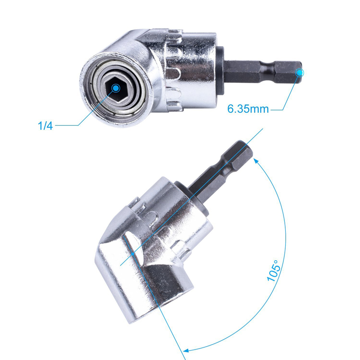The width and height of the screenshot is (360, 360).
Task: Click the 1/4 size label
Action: pos(45,126)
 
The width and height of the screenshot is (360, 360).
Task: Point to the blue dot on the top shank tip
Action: pos(300,72)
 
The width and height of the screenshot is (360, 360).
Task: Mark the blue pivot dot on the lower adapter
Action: pos(134,254)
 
